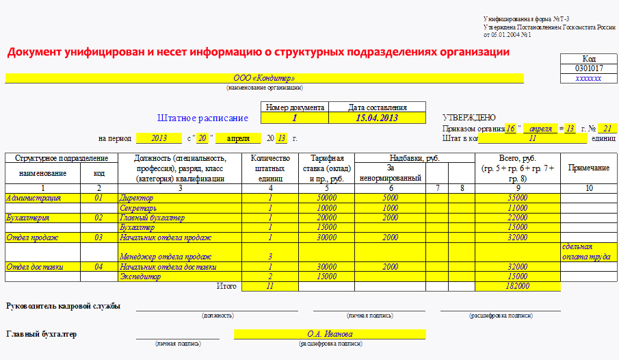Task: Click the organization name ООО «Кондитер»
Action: click(x=264, y=78)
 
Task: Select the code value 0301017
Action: click(x=588, y=68)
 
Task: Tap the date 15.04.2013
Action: click(x=377, y=118)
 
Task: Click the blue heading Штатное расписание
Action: click(x=202, y=118)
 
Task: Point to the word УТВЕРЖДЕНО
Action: click(x=469, y=118)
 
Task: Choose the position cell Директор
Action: click(x=137, y=198)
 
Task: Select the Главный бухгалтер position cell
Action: click(x=152, y=218)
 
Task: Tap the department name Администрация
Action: click(x=33, y=198)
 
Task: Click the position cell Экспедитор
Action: click(x=141, y=277)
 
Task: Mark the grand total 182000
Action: click(x=517, y=287)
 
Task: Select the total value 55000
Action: click(x=517, y=198)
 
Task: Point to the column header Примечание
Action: click(x=589, y=168)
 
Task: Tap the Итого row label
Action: click(x=226, y=286)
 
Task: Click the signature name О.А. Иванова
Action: click(x=330, y=334)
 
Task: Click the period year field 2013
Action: click(x=159, y=138)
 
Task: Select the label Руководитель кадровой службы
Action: click(x=63, y=305)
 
